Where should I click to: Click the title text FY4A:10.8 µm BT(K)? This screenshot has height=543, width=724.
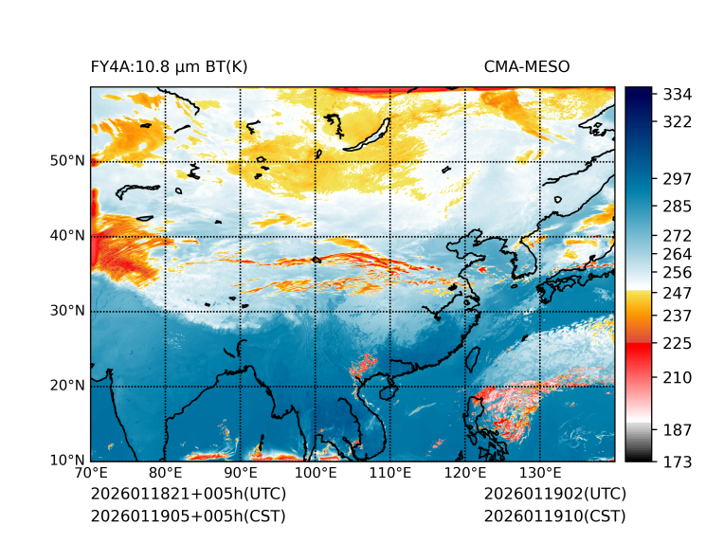pos(170,67)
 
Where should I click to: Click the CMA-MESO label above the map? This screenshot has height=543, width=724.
pos(527,67)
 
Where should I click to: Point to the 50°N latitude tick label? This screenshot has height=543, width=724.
pos(67,161)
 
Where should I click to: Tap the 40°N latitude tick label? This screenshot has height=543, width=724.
pos(67,236)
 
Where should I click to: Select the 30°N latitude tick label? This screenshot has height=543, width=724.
pos(67,311)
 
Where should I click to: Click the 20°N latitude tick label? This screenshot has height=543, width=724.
pos(67,386)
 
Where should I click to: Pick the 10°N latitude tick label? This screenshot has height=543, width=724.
pos(67,461)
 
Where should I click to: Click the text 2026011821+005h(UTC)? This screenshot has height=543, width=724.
pos(188,495)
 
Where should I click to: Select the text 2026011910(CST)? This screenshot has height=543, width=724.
pos(554,516)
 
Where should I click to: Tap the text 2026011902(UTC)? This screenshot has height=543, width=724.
pos(554,495)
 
